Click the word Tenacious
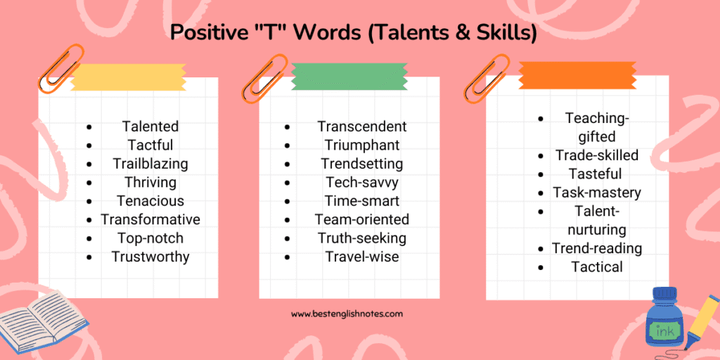click(150, 200)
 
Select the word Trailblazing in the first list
click(150, 163)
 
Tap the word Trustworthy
click(150, 257)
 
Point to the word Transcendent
click(362, 127)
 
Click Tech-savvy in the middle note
click(362, 182)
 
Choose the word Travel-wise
click(362, 257)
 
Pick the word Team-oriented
click(362, 219)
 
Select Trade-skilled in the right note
click(597, 155)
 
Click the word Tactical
click(597, 266)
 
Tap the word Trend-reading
click(597, 248)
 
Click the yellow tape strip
click(128, 77)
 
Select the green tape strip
click(349, 76)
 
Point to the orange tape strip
click(577, 75)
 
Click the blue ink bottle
click(664, 319)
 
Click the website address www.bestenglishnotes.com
click(347, 314)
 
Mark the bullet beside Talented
click(89, 127)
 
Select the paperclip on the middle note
click(265, 78)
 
